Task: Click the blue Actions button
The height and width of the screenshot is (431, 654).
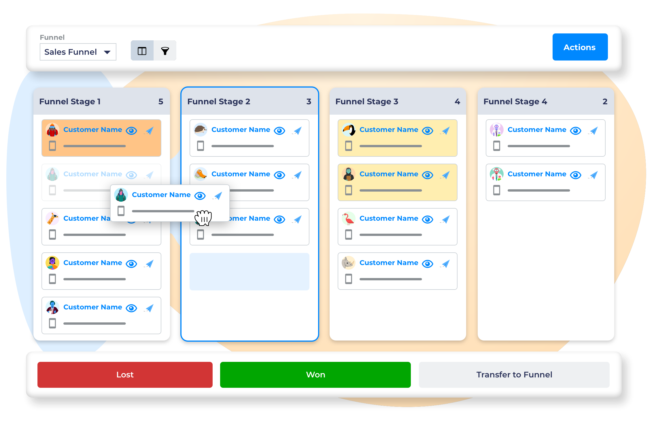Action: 580,47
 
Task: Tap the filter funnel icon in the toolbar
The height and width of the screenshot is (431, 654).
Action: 165,51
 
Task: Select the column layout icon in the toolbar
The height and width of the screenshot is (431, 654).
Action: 142,51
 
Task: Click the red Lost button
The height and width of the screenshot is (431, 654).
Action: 125,375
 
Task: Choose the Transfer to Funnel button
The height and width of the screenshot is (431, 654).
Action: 514,375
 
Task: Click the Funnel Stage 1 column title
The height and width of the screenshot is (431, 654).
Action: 70,101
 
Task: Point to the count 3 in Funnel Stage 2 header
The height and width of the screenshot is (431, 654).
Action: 309,101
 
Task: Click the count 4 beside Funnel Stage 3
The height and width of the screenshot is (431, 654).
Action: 457,101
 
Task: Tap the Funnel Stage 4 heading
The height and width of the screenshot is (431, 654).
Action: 515,101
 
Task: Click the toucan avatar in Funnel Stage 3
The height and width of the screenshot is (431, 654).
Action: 349,130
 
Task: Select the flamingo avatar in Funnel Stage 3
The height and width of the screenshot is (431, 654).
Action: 349,219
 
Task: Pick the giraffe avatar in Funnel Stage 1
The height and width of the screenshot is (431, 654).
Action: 52,219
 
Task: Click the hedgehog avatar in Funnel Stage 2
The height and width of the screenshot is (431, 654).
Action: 201,130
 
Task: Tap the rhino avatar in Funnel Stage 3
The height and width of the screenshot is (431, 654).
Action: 349,263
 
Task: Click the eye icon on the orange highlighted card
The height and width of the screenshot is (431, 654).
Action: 131,131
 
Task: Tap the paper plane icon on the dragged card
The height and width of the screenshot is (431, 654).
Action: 218,196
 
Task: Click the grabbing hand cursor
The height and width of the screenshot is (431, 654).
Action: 204,218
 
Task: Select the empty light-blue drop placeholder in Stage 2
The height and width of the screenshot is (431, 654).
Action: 249,271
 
